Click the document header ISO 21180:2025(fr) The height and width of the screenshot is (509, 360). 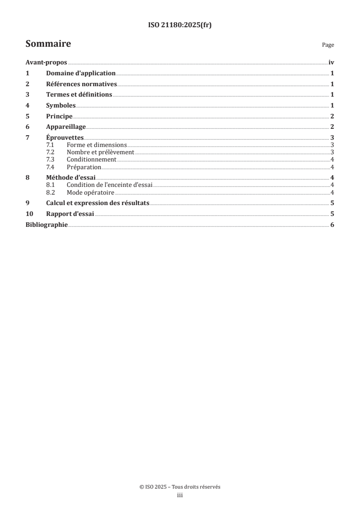[x=180, y=25]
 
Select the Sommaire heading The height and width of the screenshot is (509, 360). [x=48, y=44]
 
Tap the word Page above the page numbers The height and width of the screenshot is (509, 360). [x=328, y=45]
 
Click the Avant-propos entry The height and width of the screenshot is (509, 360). [x=46, y=63]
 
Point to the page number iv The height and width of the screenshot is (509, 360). [x=331, y=63]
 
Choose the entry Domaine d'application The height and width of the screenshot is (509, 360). [x=81, y=73]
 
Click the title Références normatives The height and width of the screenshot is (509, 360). [x=82, y=84]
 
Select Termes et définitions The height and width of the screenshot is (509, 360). [x=79, y=95]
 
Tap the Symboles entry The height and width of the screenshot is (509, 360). [x=61, y=106]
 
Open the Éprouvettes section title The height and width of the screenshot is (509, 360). [x=64, y=138]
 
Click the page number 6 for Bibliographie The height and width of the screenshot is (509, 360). [x=332, y=225]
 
